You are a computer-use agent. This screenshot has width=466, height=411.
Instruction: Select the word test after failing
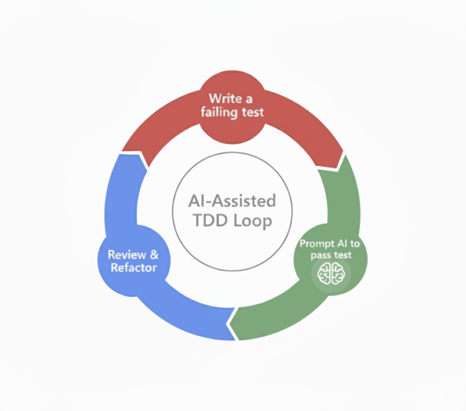coord(252,112)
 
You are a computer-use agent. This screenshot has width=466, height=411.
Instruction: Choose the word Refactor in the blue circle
coord(133,268)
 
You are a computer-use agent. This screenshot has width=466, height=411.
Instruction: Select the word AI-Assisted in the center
coord(232,200)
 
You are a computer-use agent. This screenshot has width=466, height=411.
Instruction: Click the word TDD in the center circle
coord(209,221)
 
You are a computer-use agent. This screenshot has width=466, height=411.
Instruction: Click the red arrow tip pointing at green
coord(339,164)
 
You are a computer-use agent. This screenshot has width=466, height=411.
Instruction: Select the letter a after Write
coord(249,98)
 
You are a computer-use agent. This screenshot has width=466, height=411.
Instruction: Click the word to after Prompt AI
coord(355,244)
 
